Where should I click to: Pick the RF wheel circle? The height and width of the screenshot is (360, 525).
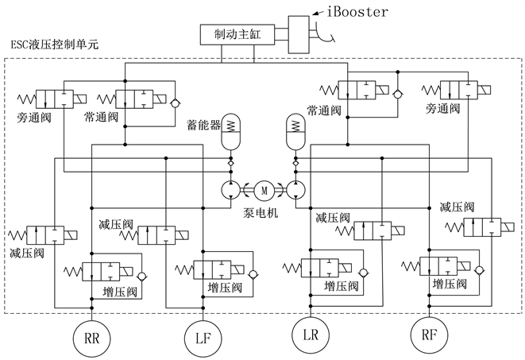430,335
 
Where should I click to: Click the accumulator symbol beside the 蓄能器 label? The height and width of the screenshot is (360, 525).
232,130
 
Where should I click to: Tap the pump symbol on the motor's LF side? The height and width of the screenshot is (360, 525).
231,188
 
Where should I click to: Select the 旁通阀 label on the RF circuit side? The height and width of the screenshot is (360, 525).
443,107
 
